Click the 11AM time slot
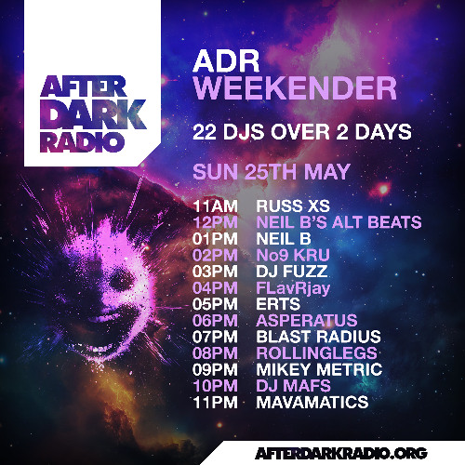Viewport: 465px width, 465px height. [x=215, y=206]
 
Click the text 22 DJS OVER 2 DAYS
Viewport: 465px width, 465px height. [x=300, y=132]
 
